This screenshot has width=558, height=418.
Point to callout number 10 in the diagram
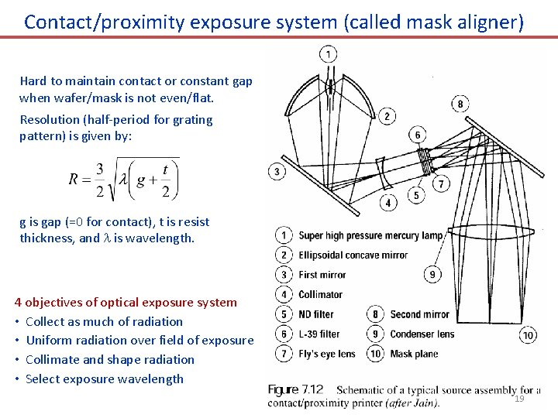point(529,335)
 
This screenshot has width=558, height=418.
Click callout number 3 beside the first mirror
point(277,171)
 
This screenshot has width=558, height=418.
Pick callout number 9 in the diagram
point(432,274)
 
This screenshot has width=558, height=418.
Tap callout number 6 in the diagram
point(418,135)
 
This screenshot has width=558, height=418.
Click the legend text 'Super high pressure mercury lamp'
point(370,235)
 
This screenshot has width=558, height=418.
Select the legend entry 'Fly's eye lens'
point(326,354)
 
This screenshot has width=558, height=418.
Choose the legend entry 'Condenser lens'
point(422,334)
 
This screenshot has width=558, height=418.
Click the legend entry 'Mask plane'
point(414,354)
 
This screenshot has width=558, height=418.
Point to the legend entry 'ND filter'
point(315,314)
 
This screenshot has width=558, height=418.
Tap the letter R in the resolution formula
point(74,179)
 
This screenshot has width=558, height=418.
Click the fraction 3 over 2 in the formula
point(99,179)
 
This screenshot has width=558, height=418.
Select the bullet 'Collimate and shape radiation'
point(109,359)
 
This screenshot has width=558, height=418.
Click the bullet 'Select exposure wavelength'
point(105,379)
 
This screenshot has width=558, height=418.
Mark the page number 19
point(519,398)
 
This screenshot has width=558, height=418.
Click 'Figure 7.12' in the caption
point(295,390)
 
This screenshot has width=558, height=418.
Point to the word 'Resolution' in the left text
point(49,120)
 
